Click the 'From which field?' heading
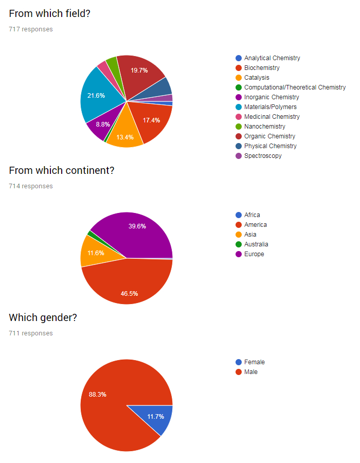click(x=49, y=14)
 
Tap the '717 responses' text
click(x=30, y=29)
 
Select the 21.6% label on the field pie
click(x=96, y=96)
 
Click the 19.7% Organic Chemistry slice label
click(x=139, y=70)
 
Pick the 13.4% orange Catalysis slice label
click(x=125, y=137)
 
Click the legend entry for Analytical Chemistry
click(x=272, y=58)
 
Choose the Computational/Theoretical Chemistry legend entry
click(x=295, y=87)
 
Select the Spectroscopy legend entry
click(x=263, y=156)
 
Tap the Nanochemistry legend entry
click(x=264, y=127)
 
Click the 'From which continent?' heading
click(x=61, y=170)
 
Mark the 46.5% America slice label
click(x=129, y=293)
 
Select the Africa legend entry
click(x=252, y=215)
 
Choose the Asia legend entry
click(x=250, y=235)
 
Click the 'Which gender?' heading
click(x=43, y=317)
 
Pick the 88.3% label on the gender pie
click(x=98, y=395)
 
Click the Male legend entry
click(x=251, y=372)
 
